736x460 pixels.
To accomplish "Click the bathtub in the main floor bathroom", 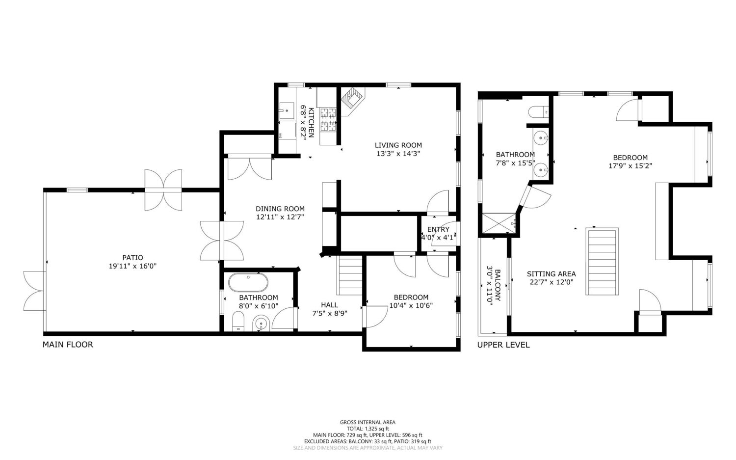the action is pos(248,282).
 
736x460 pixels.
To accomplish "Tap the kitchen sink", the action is pos(287,111).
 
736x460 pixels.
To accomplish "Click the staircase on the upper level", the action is pos(602,262).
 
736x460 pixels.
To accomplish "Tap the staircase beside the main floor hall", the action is pos(349,275).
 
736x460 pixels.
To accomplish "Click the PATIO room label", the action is pos(133,258).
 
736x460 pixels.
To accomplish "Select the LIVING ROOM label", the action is pos(398,145).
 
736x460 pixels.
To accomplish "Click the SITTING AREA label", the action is pos(552,273).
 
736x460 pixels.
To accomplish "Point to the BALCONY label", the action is pos(498,285).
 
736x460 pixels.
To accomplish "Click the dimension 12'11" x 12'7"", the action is pos(280,217).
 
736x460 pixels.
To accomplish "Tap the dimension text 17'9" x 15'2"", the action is pos(630,166).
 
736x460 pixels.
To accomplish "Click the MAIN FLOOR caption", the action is pos(68,345).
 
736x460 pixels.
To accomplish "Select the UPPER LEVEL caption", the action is pos(503,345).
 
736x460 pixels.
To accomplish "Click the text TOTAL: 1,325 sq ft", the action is pos(368,429).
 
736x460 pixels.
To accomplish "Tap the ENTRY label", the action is pos(438,229).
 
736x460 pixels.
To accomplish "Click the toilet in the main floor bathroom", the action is pos(238,322).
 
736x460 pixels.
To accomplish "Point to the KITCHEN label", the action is pos(311,122).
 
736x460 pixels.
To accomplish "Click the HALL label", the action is pos(330,305).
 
